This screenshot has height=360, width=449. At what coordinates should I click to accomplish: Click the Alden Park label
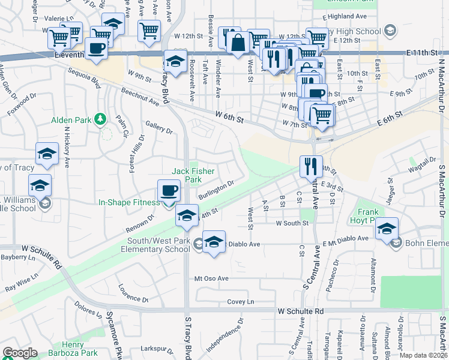(x=71, y=120)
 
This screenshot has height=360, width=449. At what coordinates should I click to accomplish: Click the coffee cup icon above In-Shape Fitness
(x=169, y=191)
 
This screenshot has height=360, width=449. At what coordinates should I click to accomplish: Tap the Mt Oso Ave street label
(x=211, y=278)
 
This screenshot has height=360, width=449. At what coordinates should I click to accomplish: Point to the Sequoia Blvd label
(x=84, y=78)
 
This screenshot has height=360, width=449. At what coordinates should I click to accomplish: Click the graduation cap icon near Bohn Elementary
(x=388, y=229)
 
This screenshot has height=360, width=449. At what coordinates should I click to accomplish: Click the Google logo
(x=20, y=353)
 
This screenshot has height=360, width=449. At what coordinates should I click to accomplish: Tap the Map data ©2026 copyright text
(x=424, y=355)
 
